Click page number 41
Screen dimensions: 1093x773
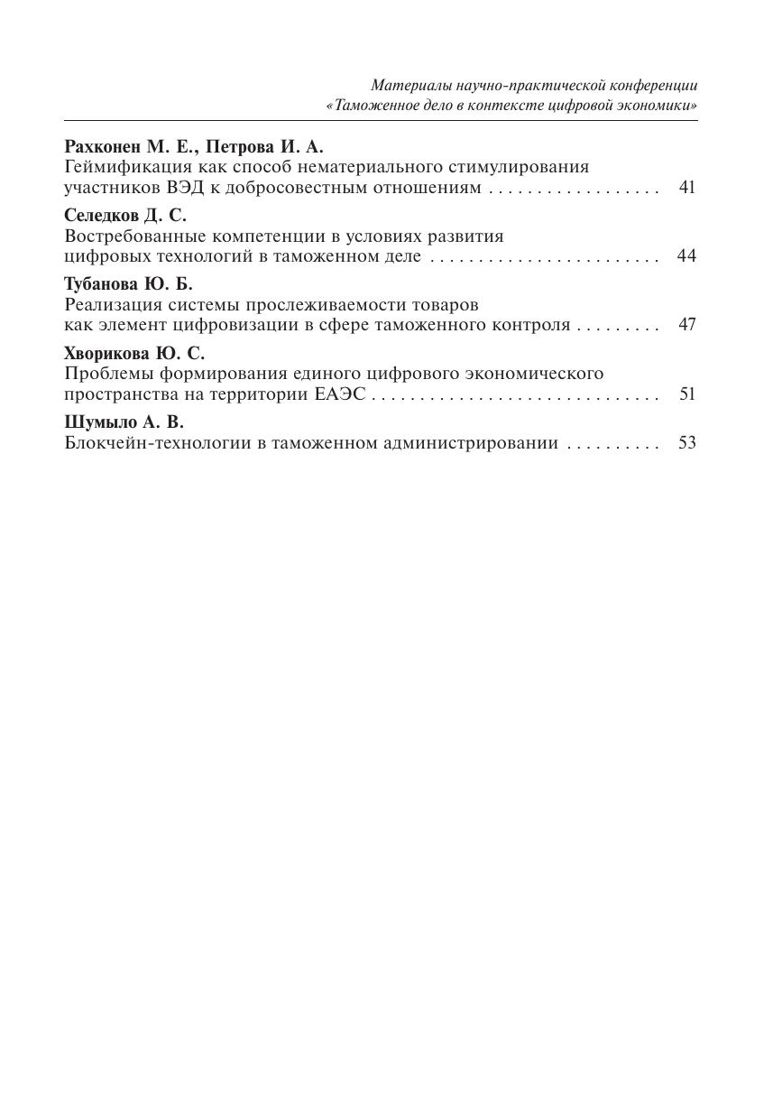[x=687, y=188]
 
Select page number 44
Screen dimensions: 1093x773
[x=686, y=256]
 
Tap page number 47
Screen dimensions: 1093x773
[x=687, y=325]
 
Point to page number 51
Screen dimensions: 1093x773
[x=687, y=394]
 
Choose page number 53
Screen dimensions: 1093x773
[x=687, y=443]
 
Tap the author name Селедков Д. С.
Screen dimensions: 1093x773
[x=125, y=215]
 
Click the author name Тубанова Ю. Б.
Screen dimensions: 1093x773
[x=129, y=283]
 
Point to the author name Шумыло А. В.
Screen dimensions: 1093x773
[x=124, y=421]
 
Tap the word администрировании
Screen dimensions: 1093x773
[x=481, y=443]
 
